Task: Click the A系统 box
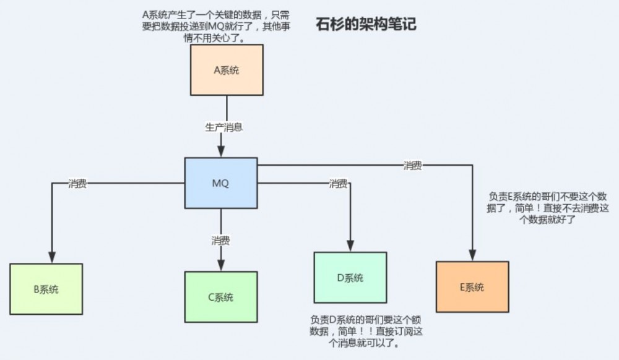pos(227,70)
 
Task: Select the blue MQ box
pos(221,183)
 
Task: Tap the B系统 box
pos(46,289)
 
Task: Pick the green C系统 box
pos(220,297)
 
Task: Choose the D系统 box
pos(350,278)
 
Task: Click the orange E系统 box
pos(472,287)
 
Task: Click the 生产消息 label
pos(223,127)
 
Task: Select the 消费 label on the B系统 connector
pos(77,184)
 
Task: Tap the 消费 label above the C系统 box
pos(221,239)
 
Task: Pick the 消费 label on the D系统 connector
pos(338,184)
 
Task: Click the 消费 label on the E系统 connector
pos(413,165)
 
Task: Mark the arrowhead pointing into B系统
pos(52,257)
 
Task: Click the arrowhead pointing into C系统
pos(221,265)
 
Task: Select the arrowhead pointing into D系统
pos(351,247)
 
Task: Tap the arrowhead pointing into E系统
pos(472,255)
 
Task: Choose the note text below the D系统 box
pos(353,331)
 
